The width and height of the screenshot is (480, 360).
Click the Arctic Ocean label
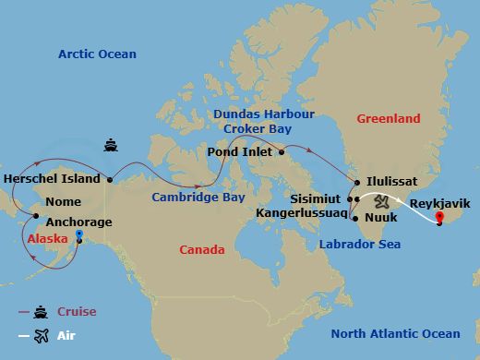[x=97, y=54]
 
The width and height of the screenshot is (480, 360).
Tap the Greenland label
[x=388, y=118]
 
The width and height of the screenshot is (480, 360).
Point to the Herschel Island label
[x=52, y=178]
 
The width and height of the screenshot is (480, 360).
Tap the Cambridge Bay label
[x=198, y=197]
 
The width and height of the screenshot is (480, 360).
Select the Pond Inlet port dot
[x=281, y=153]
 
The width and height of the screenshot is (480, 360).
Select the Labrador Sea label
[x=359, y=245]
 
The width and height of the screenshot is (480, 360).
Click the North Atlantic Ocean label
[x=395, y=333]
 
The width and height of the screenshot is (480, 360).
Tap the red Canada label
[x=201, y=250]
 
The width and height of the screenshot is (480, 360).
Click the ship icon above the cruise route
[x=110, y=145]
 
